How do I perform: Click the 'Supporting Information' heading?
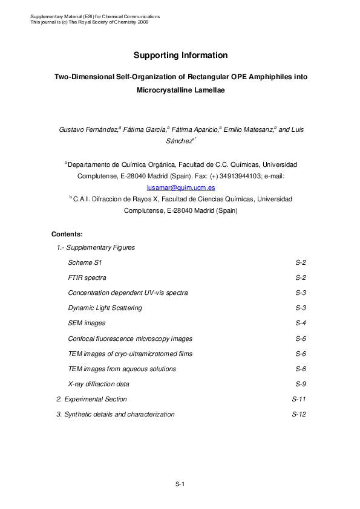tap(180, 55)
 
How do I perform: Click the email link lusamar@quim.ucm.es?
tap(180, 187)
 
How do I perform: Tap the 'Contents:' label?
tap(67, 234)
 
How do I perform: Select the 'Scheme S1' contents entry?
tap(85, 262)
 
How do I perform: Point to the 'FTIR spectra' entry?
tap(87, 277)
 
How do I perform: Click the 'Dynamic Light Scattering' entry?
tap(105, 308)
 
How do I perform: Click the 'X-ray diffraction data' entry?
tap(99, 384)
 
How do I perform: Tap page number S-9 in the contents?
tap(301, 384)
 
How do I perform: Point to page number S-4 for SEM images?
tap(301, 323)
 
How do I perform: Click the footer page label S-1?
tap(180, 484)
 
